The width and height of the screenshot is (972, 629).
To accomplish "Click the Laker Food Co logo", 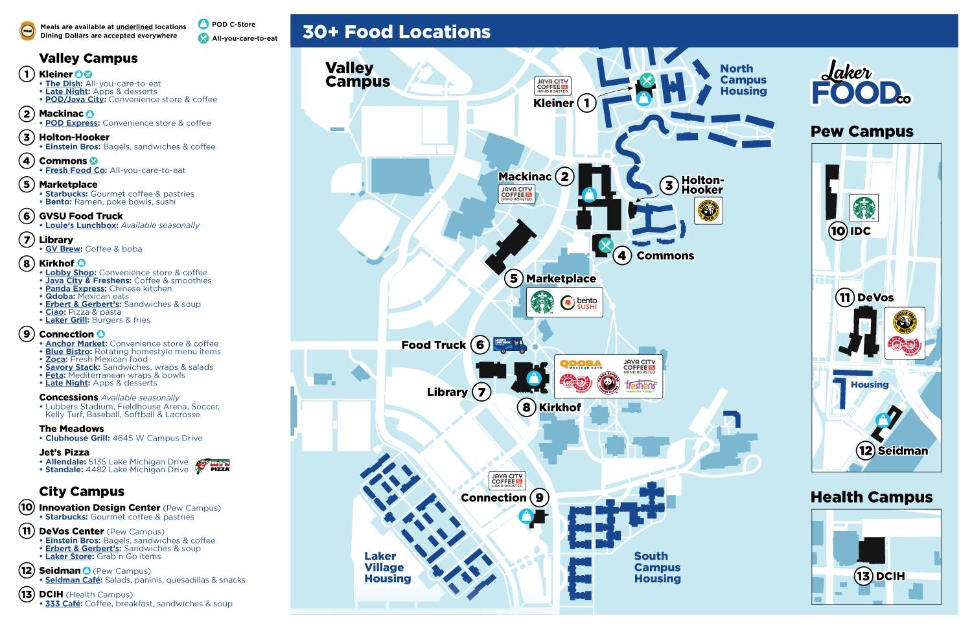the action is click(861, 83).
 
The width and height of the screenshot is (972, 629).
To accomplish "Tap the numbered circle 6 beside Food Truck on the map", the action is click(480, 345).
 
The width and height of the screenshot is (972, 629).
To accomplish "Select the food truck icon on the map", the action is click(510, 344).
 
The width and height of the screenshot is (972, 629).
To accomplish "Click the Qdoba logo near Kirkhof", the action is click(581, 365).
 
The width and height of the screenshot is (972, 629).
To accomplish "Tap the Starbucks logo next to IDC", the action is click(864, 208).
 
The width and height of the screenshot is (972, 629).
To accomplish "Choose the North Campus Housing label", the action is click(743, 80).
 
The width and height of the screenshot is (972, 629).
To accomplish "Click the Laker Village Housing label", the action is click(387, 567).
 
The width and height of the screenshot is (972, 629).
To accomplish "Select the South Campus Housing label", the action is click(657, 567).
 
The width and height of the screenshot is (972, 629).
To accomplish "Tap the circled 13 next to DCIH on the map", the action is click(863, 576).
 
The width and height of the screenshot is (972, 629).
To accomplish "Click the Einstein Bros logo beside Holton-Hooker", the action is click(708, 211).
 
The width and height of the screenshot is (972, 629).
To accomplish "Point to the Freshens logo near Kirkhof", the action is click(640, 386).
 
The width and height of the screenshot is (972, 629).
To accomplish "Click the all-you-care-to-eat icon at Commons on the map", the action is click(606, 245).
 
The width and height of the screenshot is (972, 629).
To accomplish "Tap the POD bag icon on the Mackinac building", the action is click(589, 194).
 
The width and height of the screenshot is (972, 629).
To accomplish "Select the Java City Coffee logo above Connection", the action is click(507, 480).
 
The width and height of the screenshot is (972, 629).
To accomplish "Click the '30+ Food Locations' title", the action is click(397, 32).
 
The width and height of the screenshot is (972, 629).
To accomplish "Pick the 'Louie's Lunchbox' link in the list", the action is click(82, 225).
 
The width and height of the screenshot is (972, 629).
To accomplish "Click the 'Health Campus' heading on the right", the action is click(872, 497).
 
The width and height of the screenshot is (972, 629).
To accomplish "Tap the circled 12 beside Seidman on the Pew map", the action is click(866, 450).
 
